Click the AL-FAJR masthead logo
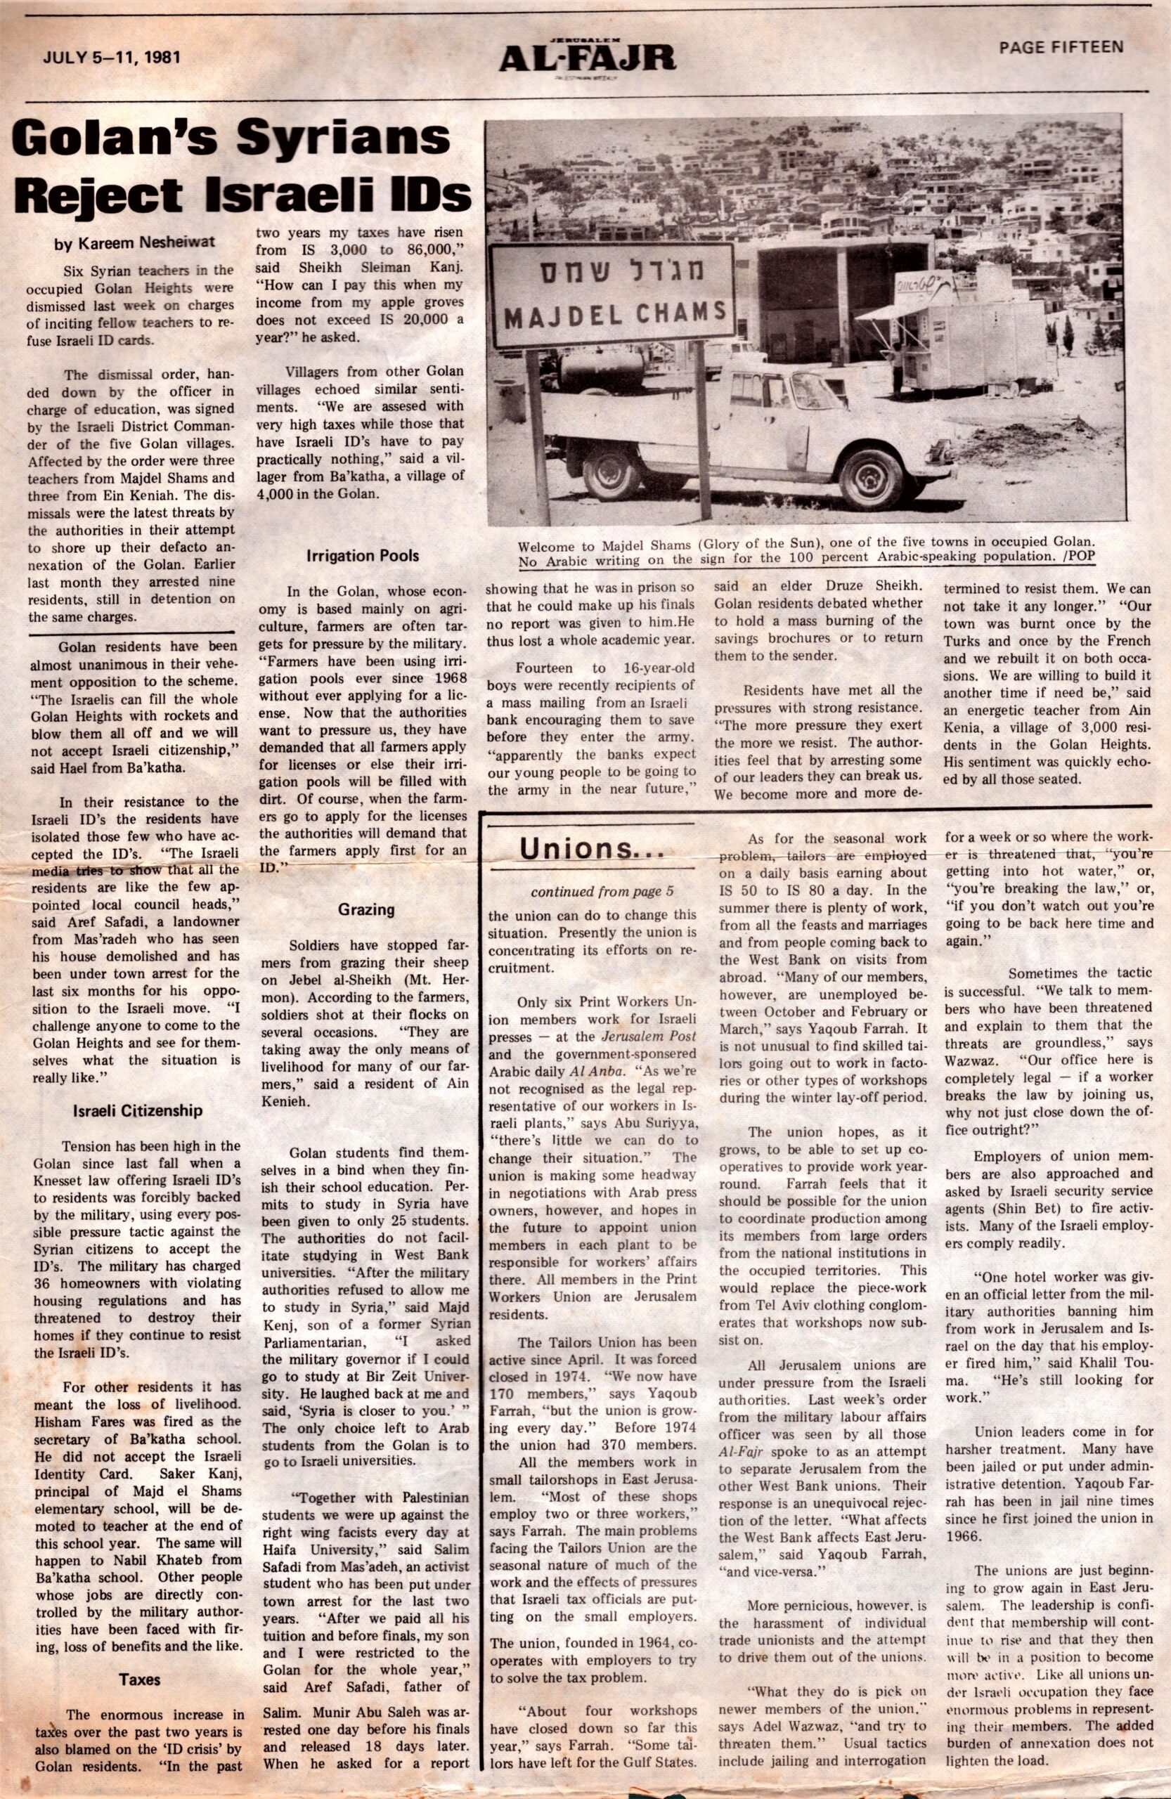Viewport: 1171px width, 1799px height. (x=587, y=57)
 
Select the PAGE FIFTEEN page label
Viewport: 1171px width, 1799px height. (x=1061, y=48)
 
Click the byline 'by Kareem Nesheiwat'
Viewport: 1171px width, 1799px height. (x=134, y=242)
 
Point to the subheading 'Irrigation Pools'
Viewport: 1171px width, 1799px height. (x=363, y=556)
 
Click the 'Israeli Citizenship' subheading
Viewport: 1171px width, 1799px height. (x=138, y=1110)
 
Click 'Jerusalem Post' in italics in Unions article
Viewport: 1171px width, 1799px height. (x=649, y=1036)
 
